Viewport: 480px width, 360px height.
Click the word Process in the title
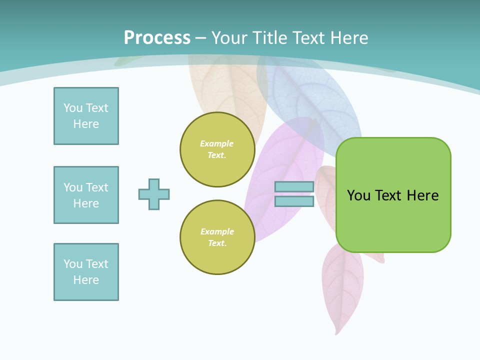pyautogui.click(x=157, y=37)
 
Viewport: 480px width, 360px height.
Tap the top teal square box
pyautogui.click(x=86, y=116)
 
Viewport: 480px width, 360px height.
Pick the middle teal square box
pyautogui.click(x=86, y=195)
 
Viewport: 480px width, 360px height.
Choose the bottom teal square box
pyautogui.click(x=86, y=272)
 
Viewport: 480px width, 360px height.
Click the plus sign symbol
pyautogui.click(x=154, y=194)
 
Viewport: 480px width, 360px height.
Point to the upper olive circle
pyautogui.click(x=217, y=149)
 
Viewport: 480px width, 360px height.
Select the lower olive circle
pyautogui.click(x=217, y=237)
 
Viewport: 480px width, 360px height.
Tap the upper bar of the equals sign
pyautogui.click(x=294, y=187)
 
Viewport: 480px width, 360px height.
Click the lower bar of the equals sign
pyautogui.click(x=294, y=201)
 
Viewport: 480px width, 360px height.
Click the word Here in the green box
pyautogui.click(x=422, y=195)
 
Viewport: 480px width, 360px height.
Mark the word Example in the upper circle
pyautogui.click(x=216, y=144)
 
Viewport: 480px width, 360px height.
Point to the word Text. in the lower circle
pyautogui.click(x=217, y=243)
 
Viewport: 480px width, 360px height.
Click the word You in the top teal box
pyautogui.click(x=73, y=108)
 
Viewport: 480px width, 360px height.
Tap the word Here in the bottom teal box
pyautogui.click(x=86, y=280)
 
